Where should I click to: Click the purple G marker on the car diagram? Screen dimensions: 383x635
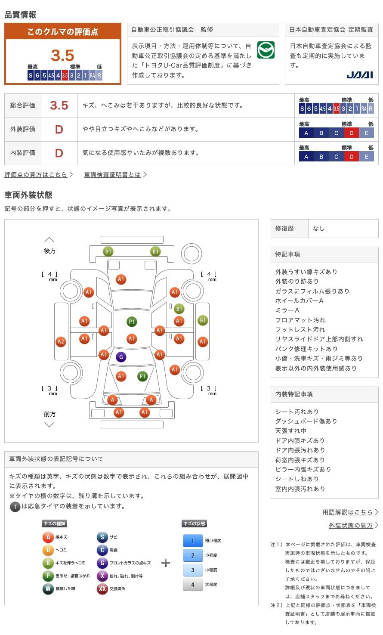121,357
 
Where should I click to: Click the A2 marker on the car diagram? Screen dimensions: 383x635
61,341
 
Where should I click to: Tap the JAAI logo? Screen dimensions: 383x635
359,75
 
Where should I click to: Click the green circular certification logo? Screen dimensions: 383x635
266,50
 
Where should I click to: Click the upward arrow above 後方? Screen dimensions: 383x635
49,239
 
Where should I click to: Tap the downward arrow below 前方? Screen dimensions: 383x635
49,424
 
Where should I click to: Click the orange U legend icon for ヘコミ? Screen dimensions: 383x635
48,550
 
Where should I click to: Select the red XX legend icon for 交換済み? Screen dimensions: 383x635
102,589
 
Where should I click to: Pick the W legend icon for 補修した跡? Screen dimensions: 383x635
48,589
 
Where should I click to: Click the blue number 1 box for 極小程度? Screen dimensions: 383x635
193,541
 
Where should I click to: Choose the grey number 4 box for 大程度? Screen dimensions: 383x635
193,585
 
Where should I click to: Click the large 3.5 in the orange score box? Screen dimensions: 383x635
62,55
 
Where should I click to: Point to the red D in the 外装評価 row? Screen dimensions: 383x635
59,130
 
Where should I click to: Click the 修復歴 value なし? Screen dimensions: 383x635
319,229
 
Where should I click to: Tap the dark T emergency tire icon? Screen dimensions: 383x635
15,506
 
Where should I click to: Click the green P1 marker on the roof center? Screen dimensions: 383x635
132,322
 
